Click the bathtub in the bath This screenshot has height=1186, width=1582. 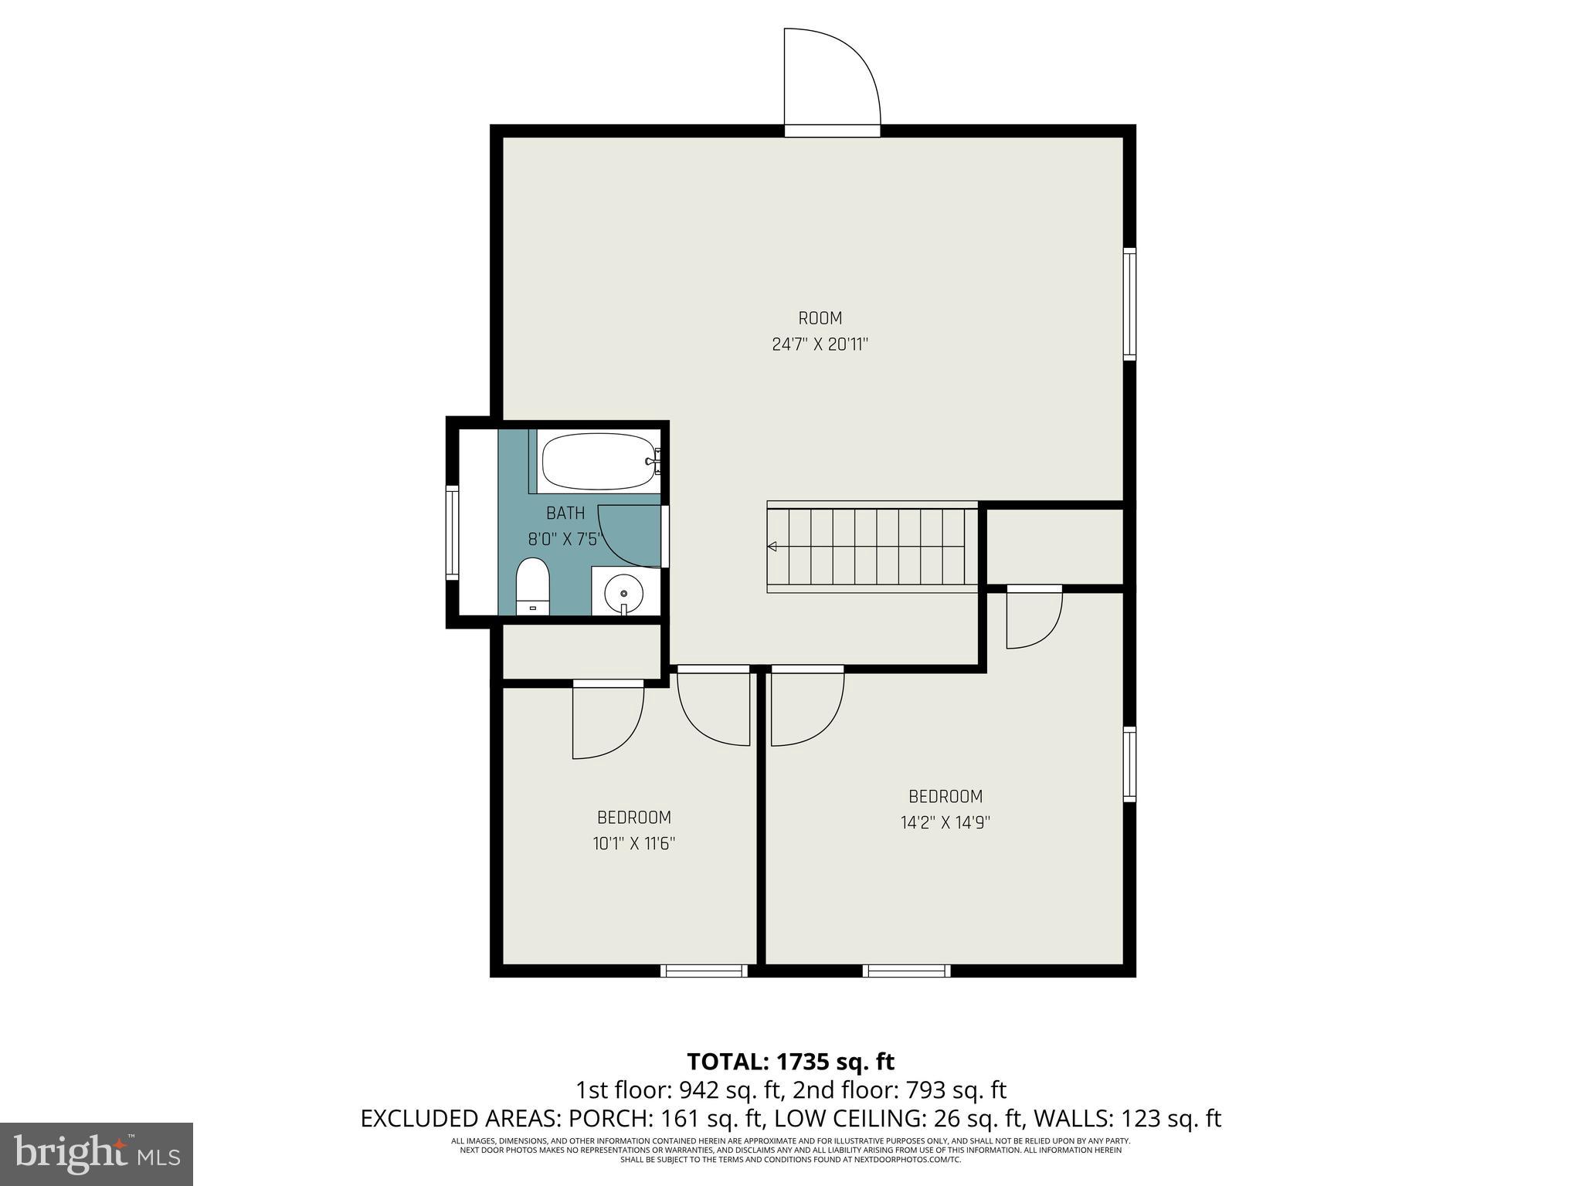click(x=598, y=462)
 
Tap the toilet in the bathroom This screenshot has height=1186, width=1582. click(x=531, y=587)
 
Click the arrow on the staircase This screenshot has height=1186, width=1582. click(x=772, y=547)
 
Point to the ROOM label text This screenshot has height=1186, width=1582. click(x=820, y=318)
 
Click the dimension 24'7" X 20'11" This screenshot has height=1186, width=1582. click(x=820, y=344)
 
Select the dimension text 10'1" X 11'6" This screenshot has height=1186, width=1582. click(x=633, y=844)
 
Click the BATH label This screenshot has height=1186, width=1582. click(x=565, y=513)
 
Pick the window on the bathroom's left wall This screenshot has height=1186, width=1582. click(x=453, y=533)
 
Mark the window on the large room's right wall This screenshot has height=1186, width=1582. click(x=1129, y=303)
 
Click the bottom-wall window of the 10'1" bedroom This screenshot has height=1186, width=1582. click(x=704, y=971)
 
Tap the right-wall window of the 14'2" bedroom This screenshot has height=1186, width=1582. click(x=1129, y=764)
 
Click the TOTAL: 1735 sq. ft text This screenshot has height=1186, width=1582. click(x=790, y=1062)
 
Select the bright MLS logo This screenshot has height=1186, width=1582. click(x=97, y=1154)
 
